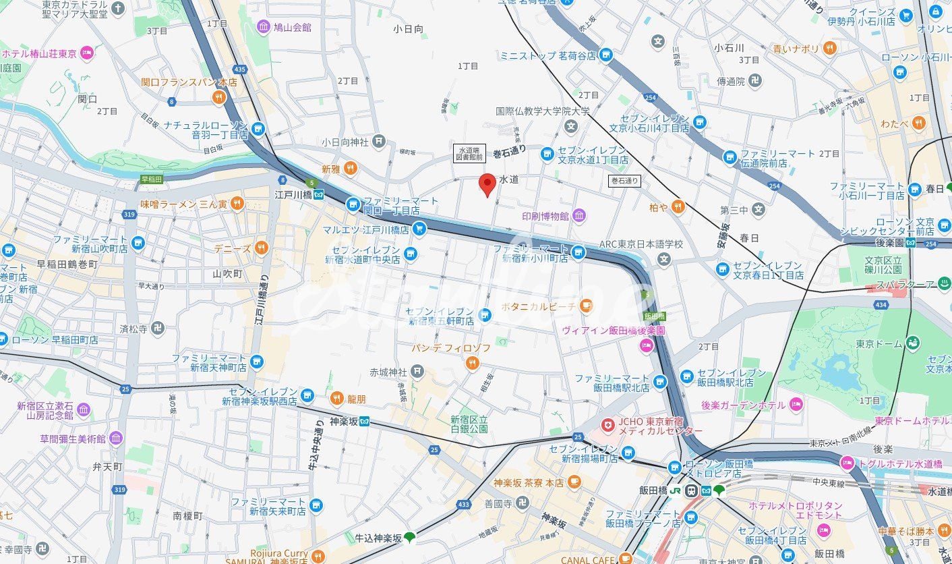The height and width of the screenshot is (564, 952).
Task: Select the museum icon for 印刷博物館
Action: click(579, 216)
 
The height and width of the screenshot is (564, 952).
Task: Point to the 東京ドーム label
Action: click(879, 344)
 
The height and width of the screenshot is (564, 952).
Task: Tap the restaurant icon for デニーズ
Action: click(261, 248)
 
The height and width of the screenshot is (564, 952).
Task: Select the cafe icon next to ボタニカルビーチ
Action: click(587, 306)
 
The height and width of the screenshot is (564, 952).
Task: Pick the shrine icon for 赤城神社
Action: click(417, 371)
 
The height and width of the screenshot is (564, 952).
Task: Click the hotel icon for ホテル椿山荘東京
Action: click(86, 53)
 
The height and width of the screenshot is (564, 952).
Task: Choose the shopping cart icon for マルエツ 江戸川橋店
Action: click(419, 229)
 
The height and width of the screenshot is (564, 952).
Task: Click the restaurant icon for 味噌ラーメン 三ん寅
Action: click(237, 203)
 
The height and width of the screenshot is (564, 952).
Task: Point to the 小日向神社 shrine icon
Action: click(380, 142)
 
